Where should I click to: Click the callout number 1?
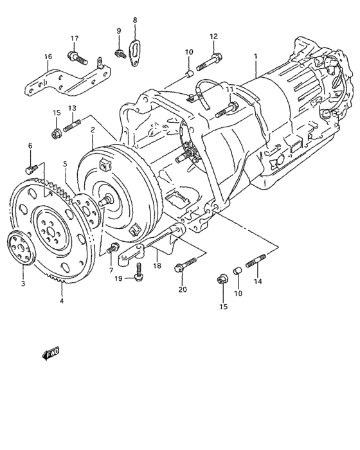pyautogui.click(x=255, y=57)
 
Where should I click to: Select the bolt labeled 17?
pyautogui.click(x=77, y=59)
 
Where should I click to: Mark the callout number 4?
pyautogui.click(x=62, y=300)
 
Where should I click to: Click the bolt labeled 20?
pyautogui.click(x=183, y=266)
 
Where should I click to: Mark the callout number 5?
pyautogui.click(x=65, y=165)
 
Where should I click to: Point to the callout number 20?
pyautogui.click(x=182, y=289)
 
